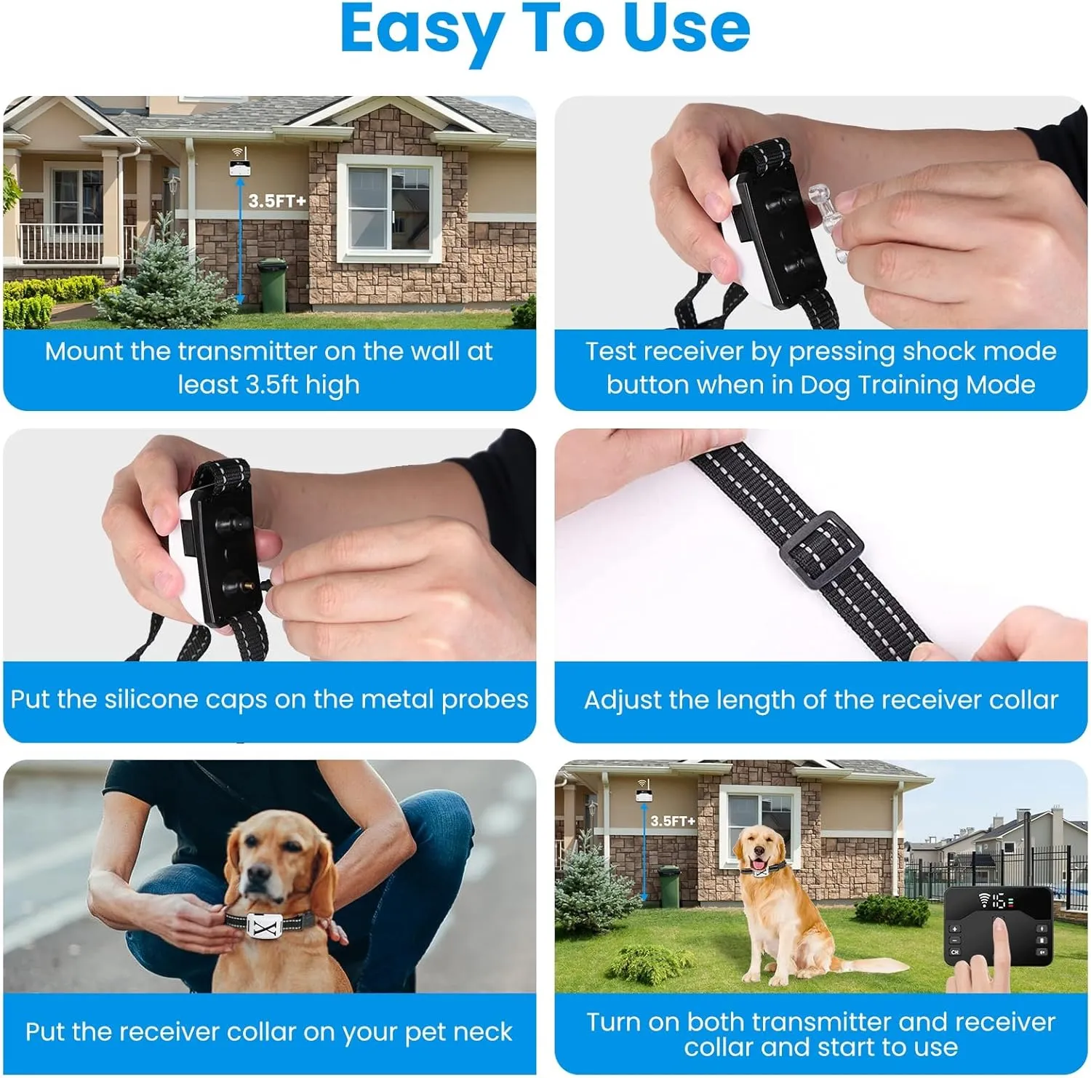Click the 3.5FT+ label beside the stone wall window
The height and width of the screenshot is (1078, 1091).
[x=277, y=201]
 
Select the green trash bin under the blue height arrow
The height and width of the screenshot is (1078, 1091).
[x=273, y=286]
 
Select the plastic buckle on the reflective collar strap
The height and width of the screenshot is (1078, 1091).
[x=821, y=550]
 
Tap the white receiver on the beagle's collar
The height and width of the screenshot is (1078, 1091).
[x=265, y=926]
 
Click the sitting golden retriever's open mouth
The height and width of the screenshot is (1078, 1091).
[x=758, y=863]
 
